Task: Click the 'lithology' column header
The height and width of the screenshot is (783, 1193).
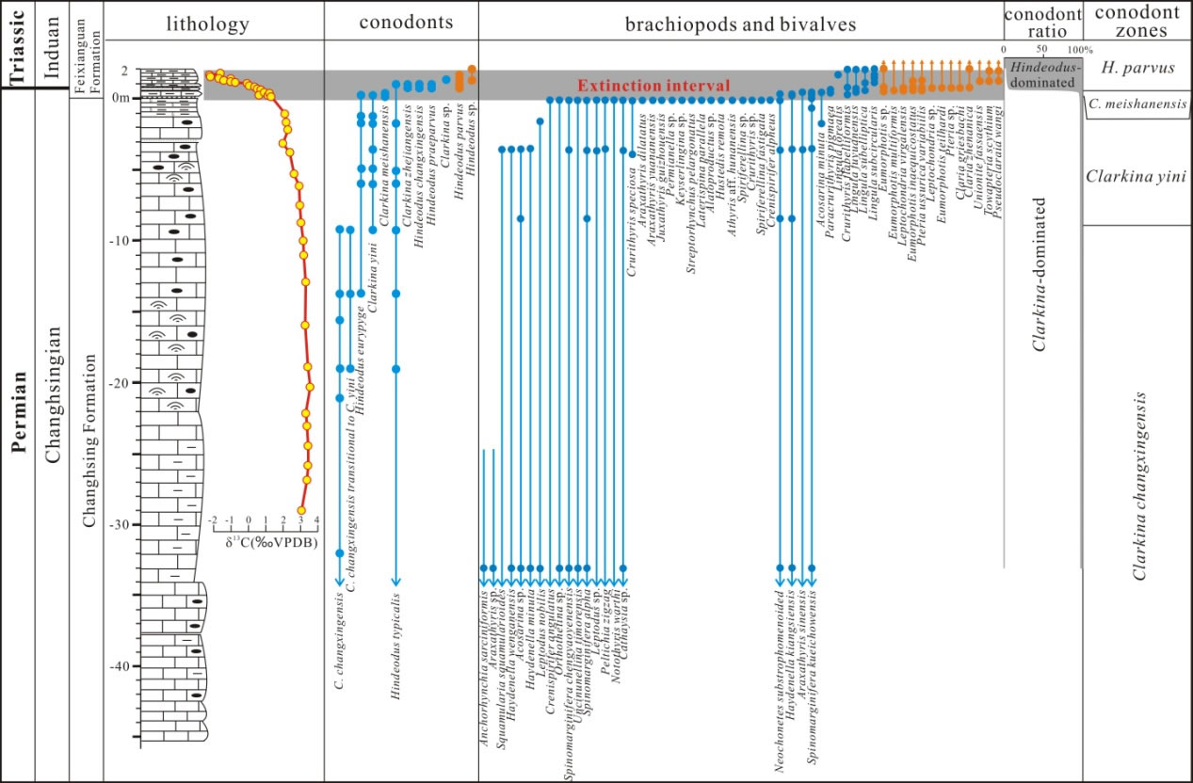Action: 214,24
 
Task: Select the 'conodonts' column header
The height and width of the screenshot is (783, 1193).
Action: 402,24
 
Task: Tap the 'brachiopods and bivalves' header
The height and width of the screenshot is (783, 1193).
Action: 741,24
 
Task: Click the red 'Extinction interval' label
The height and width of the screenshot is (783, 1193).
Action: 654,86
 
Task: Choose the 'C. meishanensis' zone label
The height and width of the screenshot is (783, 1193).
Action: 1137,104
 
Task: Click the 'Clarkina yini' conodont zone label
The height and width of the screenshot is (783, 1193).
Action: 1137,176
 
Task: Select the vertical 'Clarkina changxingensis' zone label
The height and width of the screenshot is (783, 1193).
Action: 1140,485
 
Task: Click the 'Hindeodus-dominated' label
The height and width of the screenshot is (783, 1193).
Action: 1042,75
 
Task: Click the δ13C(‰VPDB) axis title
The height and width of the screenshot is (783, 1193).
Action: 271,543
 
